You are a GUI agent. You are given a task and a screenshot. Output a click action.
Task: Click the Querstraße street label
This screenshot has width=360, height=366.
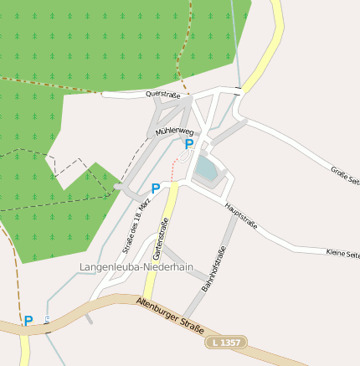pyautogui.click(x=163, y=95)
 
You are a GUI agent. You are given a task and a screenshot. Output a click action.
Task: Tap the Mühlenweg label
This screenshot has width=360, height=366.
pyautogui.click(x=175, y=132)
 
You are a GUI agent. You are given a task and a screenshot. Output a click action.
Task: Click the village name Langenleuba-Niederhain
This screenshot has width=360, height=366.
pyautogui.click(x=136, y=267)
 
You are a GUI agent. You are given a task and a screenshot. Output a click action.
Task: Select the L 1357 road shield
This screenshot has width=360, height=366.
pyautogui.click(x=227, y=343)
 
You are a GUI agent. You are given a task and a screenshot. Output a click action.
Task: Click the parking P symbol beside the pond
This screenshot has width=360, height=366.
pyautogui.click(x=189, y=144)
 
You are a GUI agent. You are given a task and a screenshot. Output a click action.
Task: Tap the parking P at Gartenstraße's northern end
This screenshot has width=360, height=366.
pyautogui.click(x=156, y=188)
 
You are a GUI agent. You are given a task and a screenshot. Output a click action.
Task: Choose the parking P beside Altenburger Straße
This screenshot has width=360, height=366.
pyautogui.click(x=28, y=321)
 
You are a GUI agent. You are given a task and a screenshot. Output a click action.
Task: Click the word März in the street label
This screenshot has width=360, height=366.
pyautogui.click(x=146, y=205)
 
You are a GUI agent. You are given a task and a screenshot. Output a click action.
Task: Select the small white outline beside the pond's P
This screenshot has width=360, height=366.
pyautogui.click(x=183, y=156)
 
